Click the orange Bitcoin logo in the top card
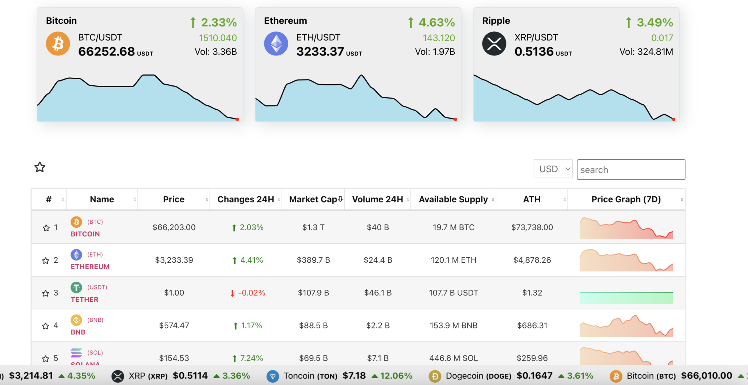click(58, 44)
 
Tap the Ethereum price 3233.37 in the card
click(320, 51)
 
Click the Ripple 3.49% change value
click(654, 22)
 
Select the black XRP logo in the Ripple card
click(494, 44)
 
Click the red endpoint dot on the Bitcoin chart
click(237, 119)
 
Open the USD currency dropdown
click(553, 169)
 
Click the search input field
click(630, 170)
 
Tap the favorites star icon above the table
click(40, 167)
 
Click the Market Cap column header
click(313, 199)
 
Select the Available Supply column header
click(453, 199)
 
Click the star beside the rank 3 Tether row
click(46, 293)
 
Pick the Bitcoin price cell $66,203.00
click(174, 227)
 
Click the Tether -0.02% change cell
click(248, 293)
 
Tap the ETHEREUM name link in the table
click(90, 267)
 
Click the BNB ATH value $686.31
click(532, 326)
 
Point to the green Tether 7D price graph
click(626, 297)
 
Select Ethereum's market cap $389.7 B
click(313, 260)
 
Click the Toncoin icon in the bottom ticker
click(272, 376)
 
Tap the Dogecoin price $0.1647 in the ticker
click(534, 376)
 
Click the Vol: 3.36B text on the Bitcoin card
click(215, 52)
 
